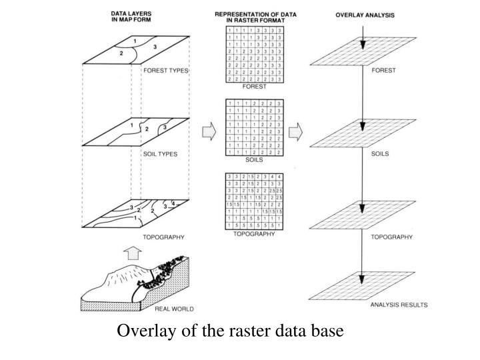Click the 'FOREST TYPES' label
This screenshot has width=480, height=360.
pos(166,70)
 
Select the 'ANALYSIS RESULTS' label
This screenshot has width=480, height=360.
pos(399,305)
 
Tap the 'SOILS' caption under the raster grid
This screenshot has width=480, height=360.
pos(254,160)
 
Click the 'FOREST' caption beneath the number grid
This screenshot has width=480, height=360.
pos(254,86)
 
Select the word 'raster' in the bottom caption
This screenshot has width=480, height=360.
pos(243,331)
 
